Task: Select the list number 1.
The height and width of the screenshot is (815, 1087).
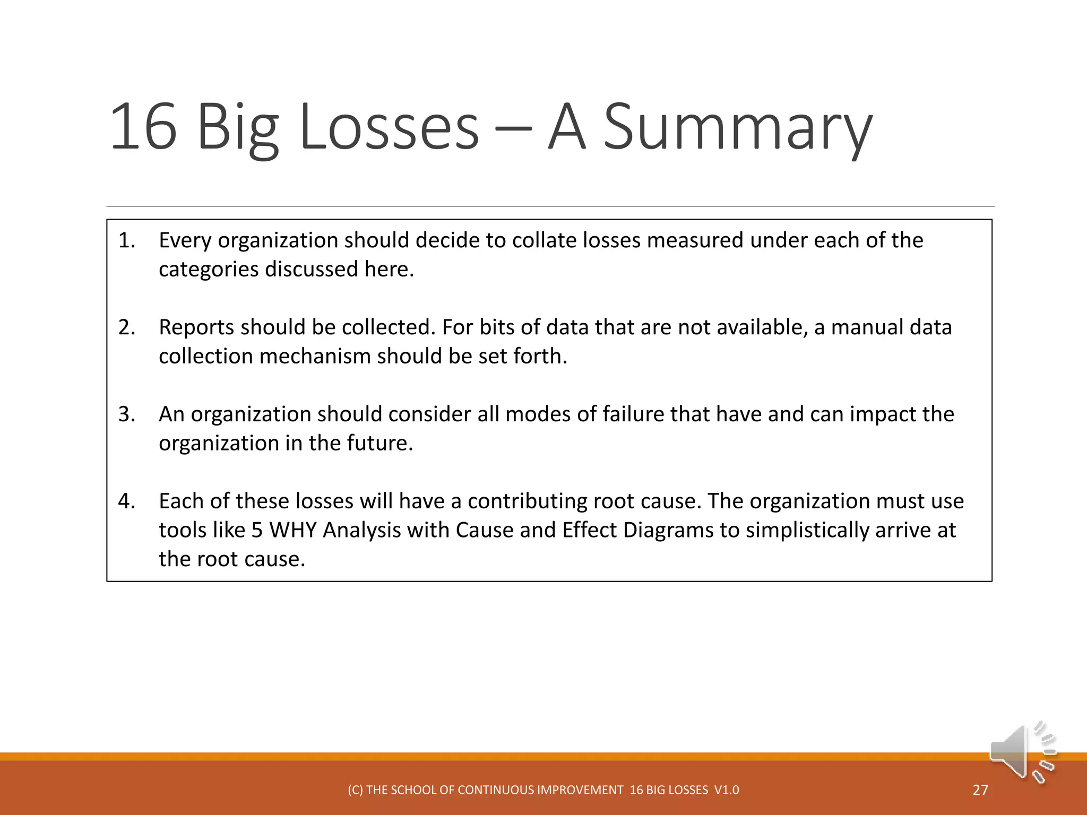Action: pos(126,240)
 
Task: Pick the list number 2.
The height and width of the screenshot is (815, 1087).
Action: pos(126,327)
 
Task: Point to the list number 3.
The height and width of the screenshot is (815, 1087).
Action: pos(126,414)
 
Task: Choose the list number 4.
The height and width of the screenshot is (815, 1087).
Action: pos(126,501)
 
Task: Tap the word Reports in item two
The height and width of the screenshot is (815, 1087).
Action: pos(197,327)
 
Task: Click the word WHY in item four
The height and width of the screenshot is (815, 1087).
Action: pos(293,531)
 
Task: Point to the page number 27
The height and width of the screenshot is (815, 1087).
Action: pos(980,790)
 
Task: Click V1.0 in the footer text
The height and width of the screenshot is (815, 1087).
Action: pos(727,790)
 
